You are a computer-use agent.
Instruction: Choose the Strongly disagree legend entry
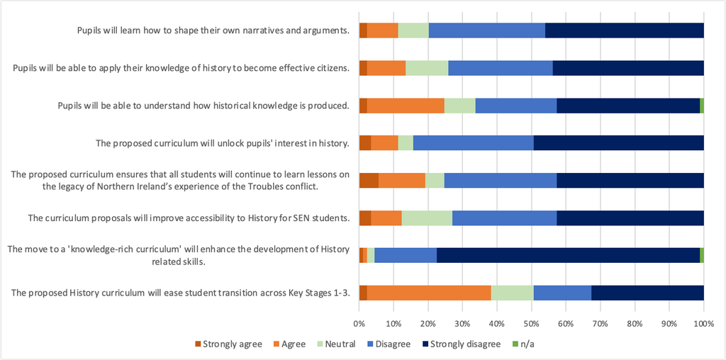click(462, 344)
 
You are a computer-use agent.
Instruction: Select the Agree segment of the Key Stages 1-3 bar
click(429, 293)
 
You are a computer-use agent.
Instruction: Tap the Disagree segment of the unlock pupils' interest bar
click(473, 143)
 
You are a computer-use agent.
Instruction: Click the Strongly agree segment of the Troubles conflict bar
click(369, 181)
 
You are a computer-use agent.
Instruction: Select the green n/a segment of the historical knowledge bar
click(702, 106)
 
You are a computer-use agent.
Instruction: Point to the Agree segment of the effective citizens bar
click(386, 69)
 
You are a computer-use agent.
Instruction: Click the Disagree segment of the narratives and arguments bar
click(486, 31)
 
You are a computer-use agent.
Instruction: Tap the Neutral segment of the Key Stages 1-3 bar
click(513, 293)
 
